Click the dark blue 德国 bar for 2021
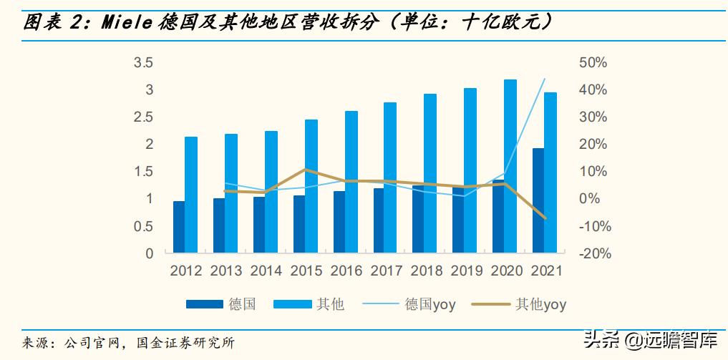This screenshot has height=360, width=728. point(538,200)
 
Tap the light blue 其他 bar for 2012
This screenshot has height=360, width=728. point(191,195)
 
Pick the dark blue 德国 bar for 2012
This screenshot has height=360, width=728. point(179,227)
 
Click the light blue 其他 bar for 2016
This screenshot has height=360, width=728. point(351,182)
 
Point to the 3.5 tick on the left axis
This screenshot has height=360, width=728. point(144,63)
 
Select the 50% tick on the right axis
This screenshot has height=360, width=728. point(592,63)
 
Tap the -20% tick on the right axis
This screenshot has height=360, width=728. point(592,253)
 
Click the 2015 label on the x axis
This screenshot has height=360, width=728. point(306,271)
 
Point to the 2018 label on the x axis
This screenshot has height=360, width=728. point(427,271)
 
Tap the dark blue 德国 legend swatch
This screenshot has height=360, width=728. point(204,304)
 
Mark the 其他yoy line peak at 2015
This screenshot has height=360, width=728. point(305,170)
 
